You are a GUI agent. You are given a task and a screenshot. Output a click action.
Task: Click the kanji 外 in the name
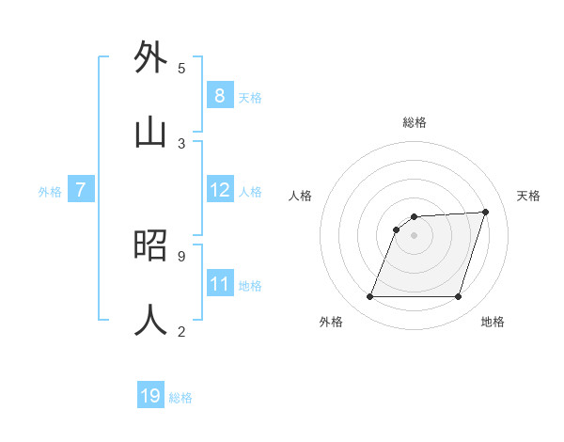point(151,57)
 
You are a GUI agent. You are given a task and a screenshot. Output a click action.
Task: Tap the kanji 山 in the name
point(151,133)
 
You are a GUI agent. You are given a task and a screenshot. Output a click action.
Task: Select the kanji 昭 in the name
point(151,245)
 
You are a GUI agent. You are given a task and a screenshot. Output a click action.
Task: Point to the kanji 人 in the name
point(151,320)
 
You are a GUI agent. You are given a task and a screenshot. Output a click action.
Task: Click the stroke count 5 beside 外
point(181,69)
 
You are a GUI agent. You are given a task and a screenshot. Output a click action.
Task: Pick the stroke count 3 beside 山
point(181,144)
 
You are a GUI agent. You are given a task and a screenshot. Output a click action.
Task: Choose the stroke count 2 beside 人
point(181,331)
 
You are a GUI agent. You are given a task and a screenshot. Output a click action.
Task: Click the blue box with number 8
point(219,95)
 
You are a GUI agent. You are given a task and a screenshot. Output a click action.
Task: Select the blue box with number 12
point(220,190)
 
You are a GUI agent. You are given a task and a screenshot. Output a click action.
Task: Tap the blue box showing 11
point(220,284)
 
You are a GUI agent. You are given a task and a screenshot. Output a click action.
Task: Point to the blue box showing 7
point(81,190)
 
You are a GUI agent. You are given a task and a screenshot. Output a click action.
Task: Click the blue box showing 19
point(150,396)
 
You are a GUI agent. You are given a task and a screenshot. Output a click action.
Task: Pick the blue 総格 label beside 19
point(180,398)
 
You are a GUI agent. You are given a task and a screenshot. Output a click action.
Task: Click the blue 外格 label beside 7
point(50,192)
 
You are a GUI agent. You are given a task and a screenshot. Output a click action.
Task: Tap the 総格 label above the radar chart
point(414,123)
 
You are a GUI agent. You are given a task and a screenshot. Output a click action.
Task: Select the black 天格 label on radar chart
point(528,196)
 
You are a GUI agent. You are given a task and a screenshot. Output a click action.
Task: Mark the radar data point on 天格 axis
point(485,212)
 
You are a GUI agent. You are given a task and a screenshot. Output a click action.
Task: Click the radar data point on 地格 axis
point(458,297)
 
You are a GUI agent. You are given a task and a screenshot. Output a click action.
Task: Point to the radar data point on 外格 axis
point(369,297)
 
